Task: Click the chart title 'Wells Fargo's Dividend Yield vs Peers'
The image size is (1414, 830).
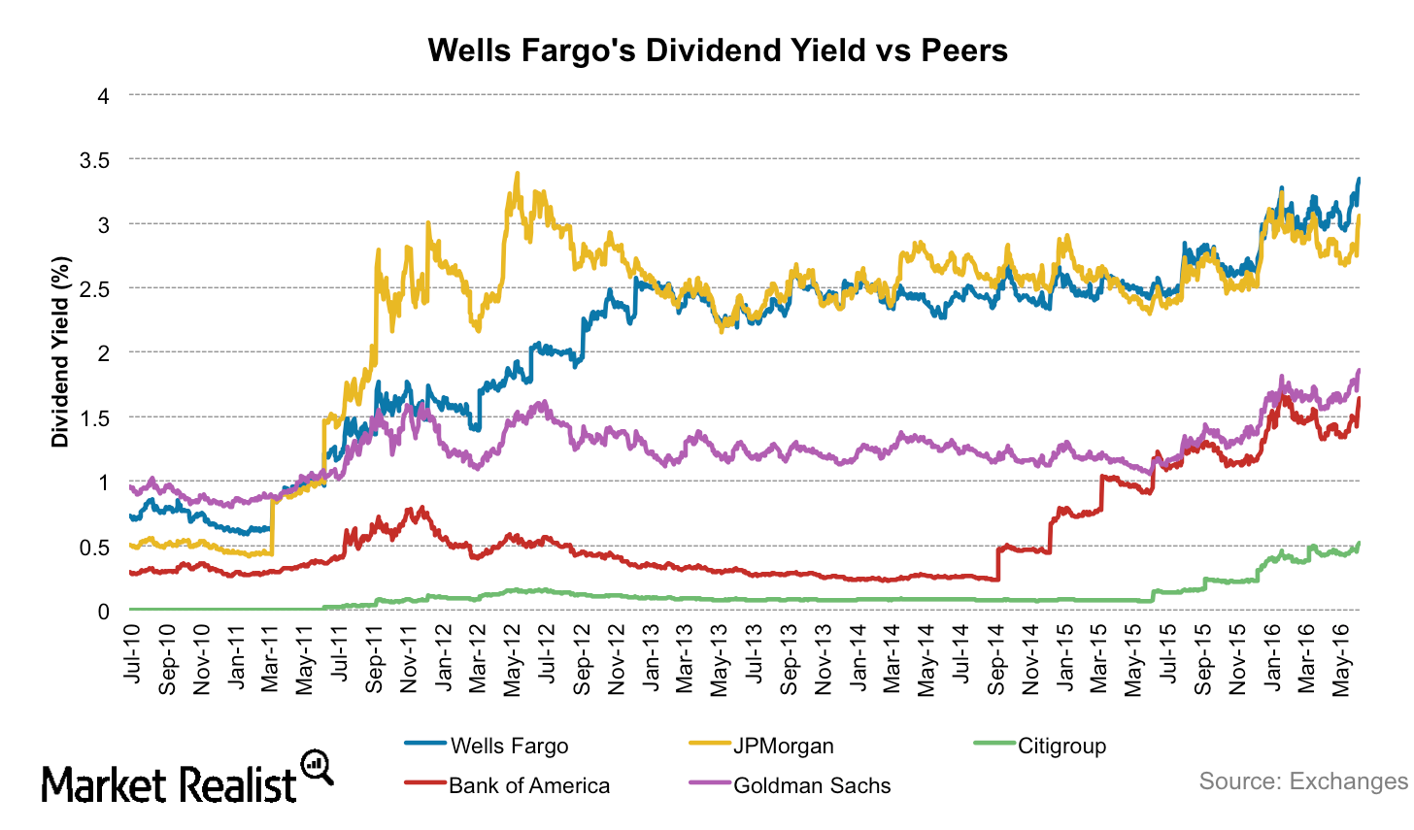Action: point(718,50)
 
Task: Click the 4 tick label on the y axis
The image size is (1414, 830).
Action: point(103,95)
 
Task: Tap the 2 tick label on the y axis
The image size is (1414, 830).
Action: point(103,353)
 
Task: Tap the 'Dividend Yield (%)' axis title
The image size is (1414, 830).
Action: point(61,352)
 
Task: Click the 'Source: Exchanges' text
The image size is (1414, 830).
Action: point(1302,781)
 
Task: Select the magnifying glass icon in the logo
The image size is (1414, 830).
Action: point(317,766)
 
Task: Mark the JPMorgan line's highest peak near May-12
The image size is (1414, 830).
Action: point(517,174)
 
